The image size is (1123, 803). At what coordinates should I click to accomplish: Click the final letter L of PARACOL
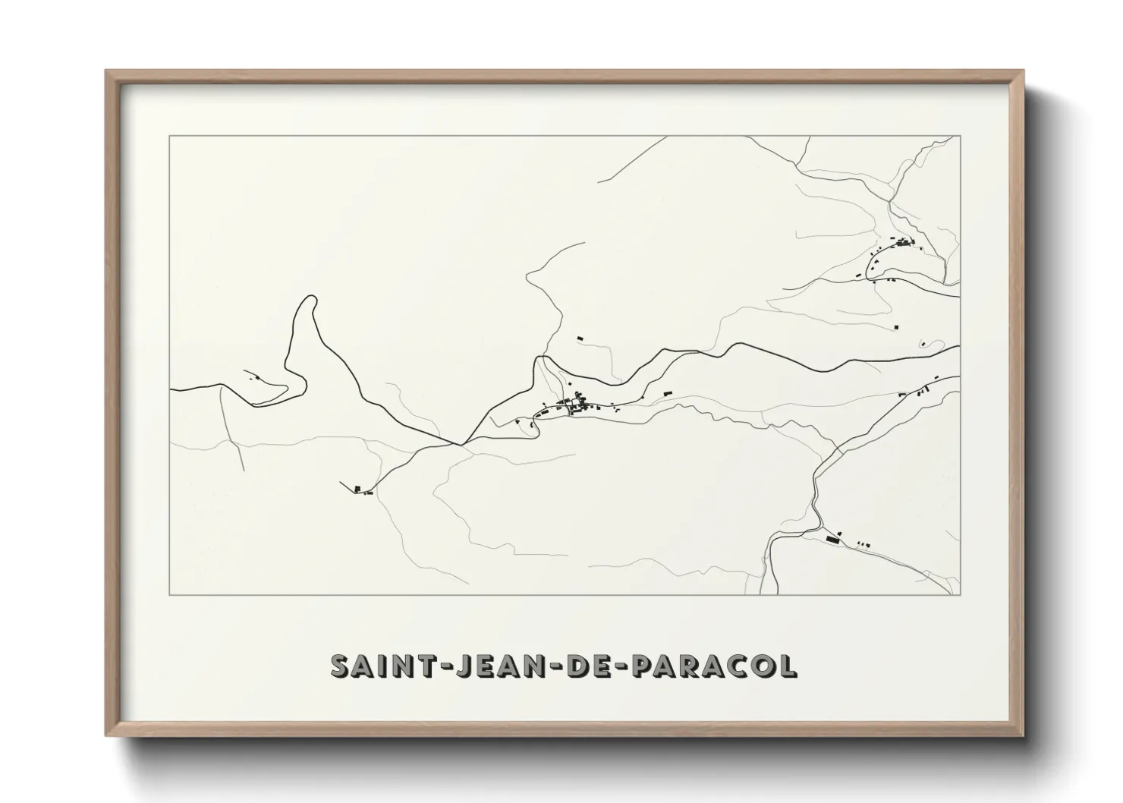click(x=789, y=666)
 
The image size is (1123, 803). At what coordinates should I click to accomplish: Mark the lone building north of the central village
click(x=580, y=338)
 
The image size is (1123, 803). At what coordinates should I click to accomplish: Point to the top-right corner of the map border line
click(x=961, y=137)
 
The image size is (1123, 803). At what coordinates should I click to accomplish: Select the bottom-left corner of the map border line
click(x=170, y=594)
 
